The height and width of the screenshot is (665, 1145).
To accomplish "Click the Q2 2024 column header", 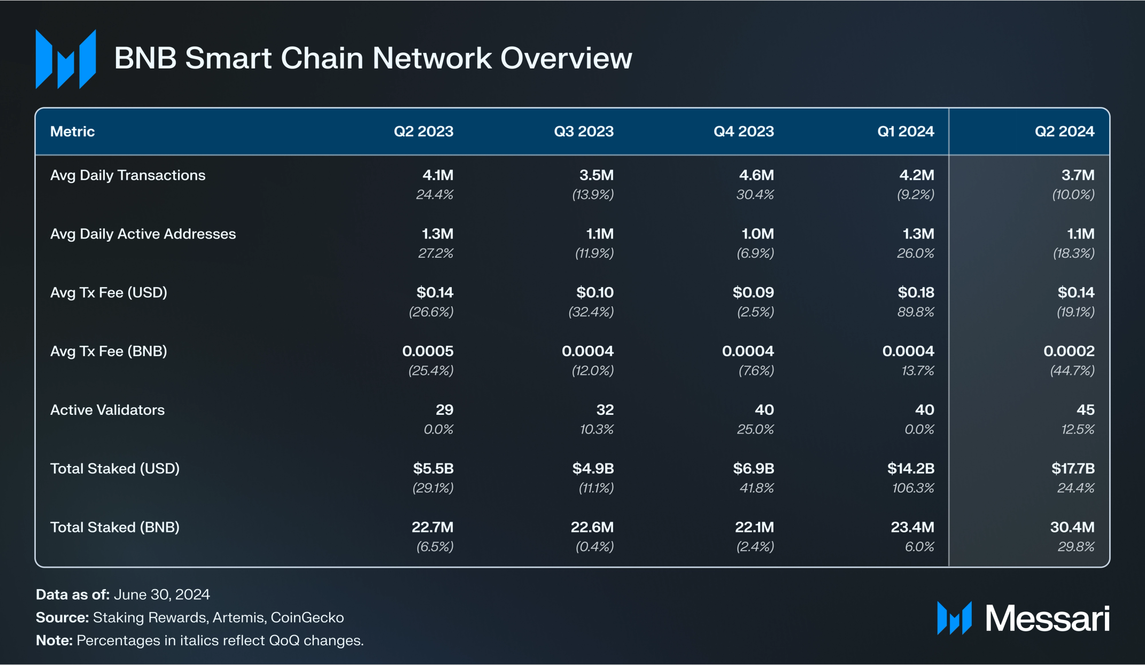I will (x=1064, y=132).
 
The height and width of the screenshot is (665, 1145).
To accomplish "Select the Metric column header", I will (x=72, y=132).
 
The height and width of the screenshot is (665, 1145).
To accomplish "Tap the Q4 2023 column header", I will (x=743, y=132).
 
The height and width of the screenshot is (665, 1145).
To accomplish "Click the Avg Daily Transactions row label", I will (x=128, y=175).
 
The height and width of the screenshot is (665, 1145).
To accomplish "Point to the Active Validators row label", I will (x=107, y=410).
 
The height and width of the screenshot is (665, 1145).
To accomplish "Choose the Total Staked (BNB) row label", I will (x=115, y=528).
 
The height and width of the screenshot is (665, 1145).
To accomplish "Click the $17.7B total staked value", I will (x=1072, y=469).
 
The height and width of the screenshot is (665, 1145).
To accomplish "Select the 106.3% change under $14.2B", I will (x=913, y=488).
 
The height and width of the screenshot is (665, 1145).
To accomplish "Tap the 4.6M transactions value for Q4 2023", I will (x=756, y=175).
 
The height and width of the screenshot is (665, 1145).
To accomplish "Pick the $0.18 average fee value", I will (x=916, y=292).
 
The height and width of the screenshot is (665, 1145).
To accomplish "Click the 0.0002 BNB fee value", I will (x=1069, y=351).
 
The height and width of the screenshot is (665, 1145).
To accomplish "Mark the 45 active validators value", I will (x=1085, y=410).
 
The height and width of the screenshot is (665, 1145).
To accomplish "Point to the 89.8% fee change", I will (x=916, y=312).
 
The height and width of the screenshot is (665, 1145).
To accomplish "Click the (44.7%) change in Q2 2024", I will (x=1072, y=370).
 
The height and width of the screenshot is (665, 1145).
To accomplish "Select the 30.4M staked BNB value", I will (x=1072, y=528).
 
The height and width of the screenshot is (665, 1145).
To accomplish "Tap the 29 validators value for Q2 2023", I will (x=444, y=410).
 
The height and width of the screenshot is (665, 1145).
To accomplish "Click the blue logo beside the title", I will (x=66, y=59).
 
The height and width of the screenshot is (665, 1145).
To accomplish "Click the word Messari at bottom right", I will (x=1047, y=618).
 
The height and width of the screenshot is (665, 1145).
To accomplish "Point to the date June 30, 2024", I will (x=161, y=594).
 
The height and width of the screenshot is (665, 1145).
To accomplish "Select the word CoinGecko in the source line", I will (x=307, y=617).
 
